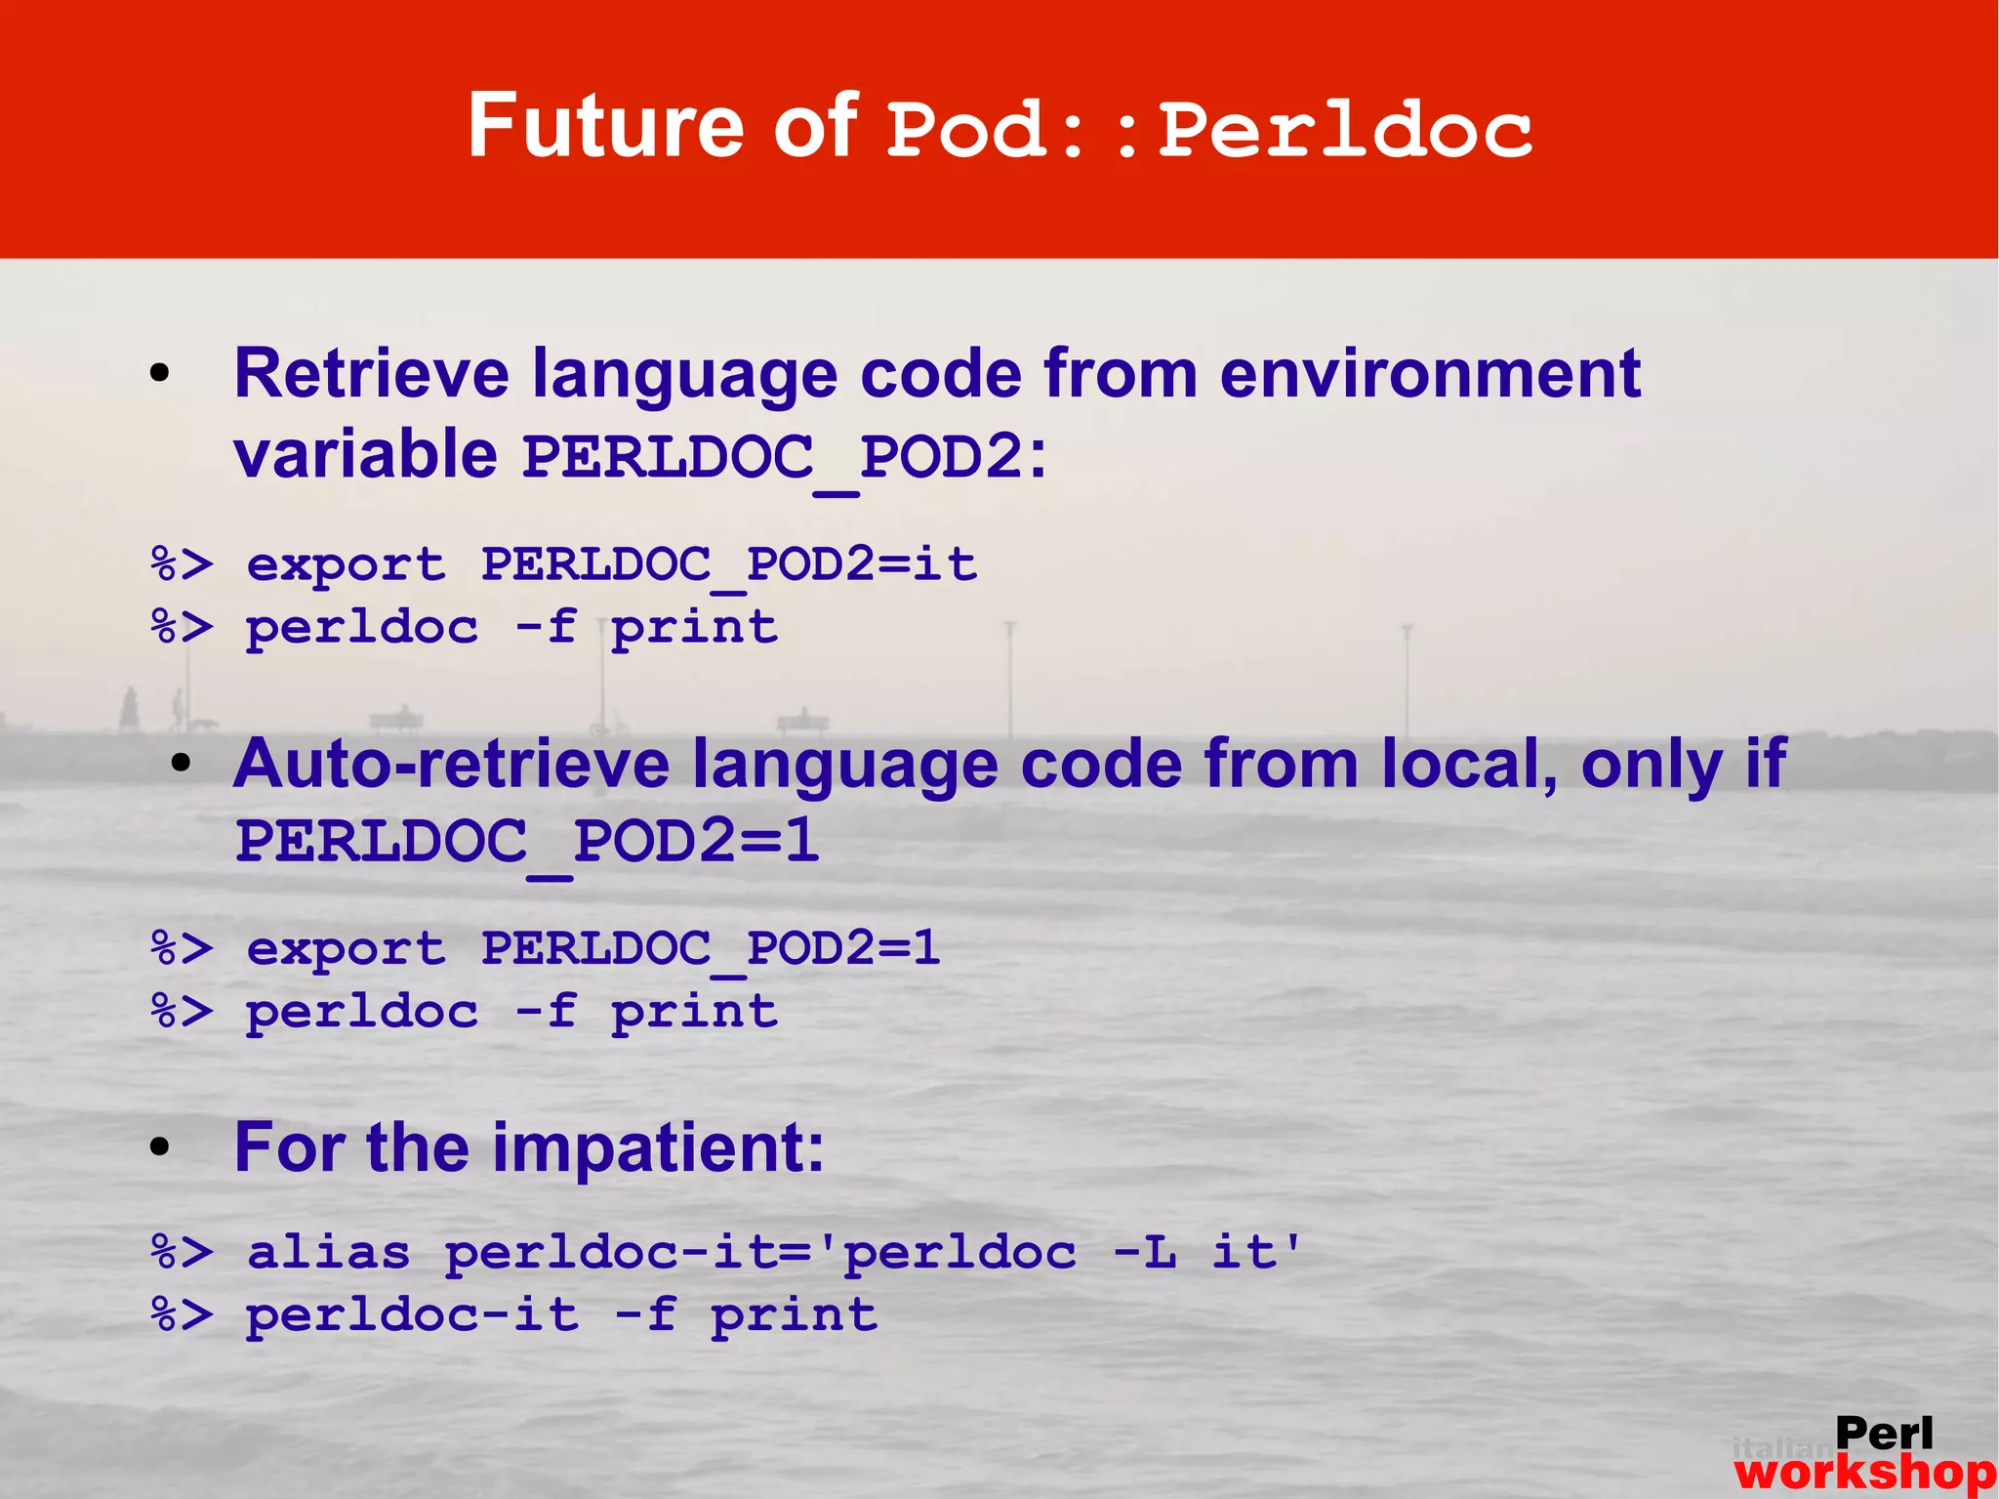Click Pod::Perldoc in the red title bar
coord(1209,131)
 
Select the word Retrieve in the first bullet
coord(372,375)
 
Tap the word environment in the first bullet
coord(1430,375)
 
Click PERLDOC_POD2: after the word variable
coord(785,457)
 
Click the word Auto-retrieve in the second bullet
coord(451,765)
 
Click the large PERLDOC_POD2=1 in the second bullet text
coord(527,842)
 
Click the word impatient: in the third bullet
coord(659,1148)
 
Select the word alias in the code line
coord(329,1253)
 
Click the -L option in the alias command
coord(1145,1253)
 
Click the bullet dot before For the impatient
coord(160,1149)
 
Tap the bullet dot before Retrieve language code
coord(160,375)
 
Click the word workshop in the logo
coord(1864,1473)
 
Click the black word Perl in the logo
coord(1883,1434)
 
